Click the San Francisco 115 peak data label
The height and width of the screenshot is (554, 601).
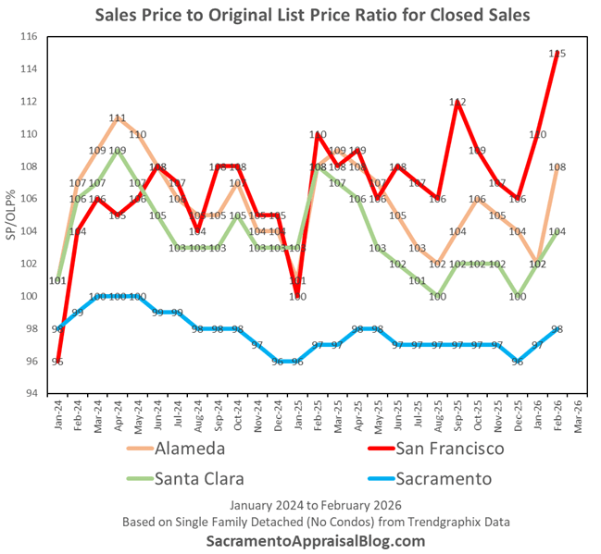pyautogui.click(x=557, y=55)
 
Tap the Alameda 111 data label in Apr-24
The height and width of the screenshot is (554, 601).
pyautogui.click(x=118, y=118)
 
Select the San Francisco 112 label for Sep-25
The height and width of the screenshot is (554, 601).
pyautogui.click(x=457, y=103)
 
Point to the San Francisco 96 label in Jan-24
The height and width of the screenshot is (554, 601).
pyautogui.click(x=57, y=362)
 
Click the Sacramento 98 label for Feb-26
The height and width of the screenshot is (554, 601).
pyautogui.click(x=557, y=329)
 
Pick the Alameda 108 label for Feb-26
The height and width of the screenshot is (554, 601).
pyautogui.click(x=557, y=167)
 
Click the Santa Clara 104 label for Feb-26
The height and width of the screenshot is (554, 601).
pyautogui.click(x=557, y=232)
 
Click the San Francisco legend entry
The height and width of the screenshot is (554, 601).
pyautogui.click(x=449, y=450)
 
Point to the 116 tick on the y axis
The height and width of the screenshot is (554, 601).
pyautogui.click(x=30, y=37)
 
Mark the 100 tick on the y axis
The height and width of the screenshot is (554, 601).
pyautogui.click(x=30, y=297)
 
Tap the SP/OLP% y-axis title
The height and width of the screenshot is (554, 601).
pyautogui.click(x=12, y=215)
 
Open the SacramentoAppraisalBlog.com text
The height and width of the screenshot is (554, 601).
pyautogui.click(x=301, y=541)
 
